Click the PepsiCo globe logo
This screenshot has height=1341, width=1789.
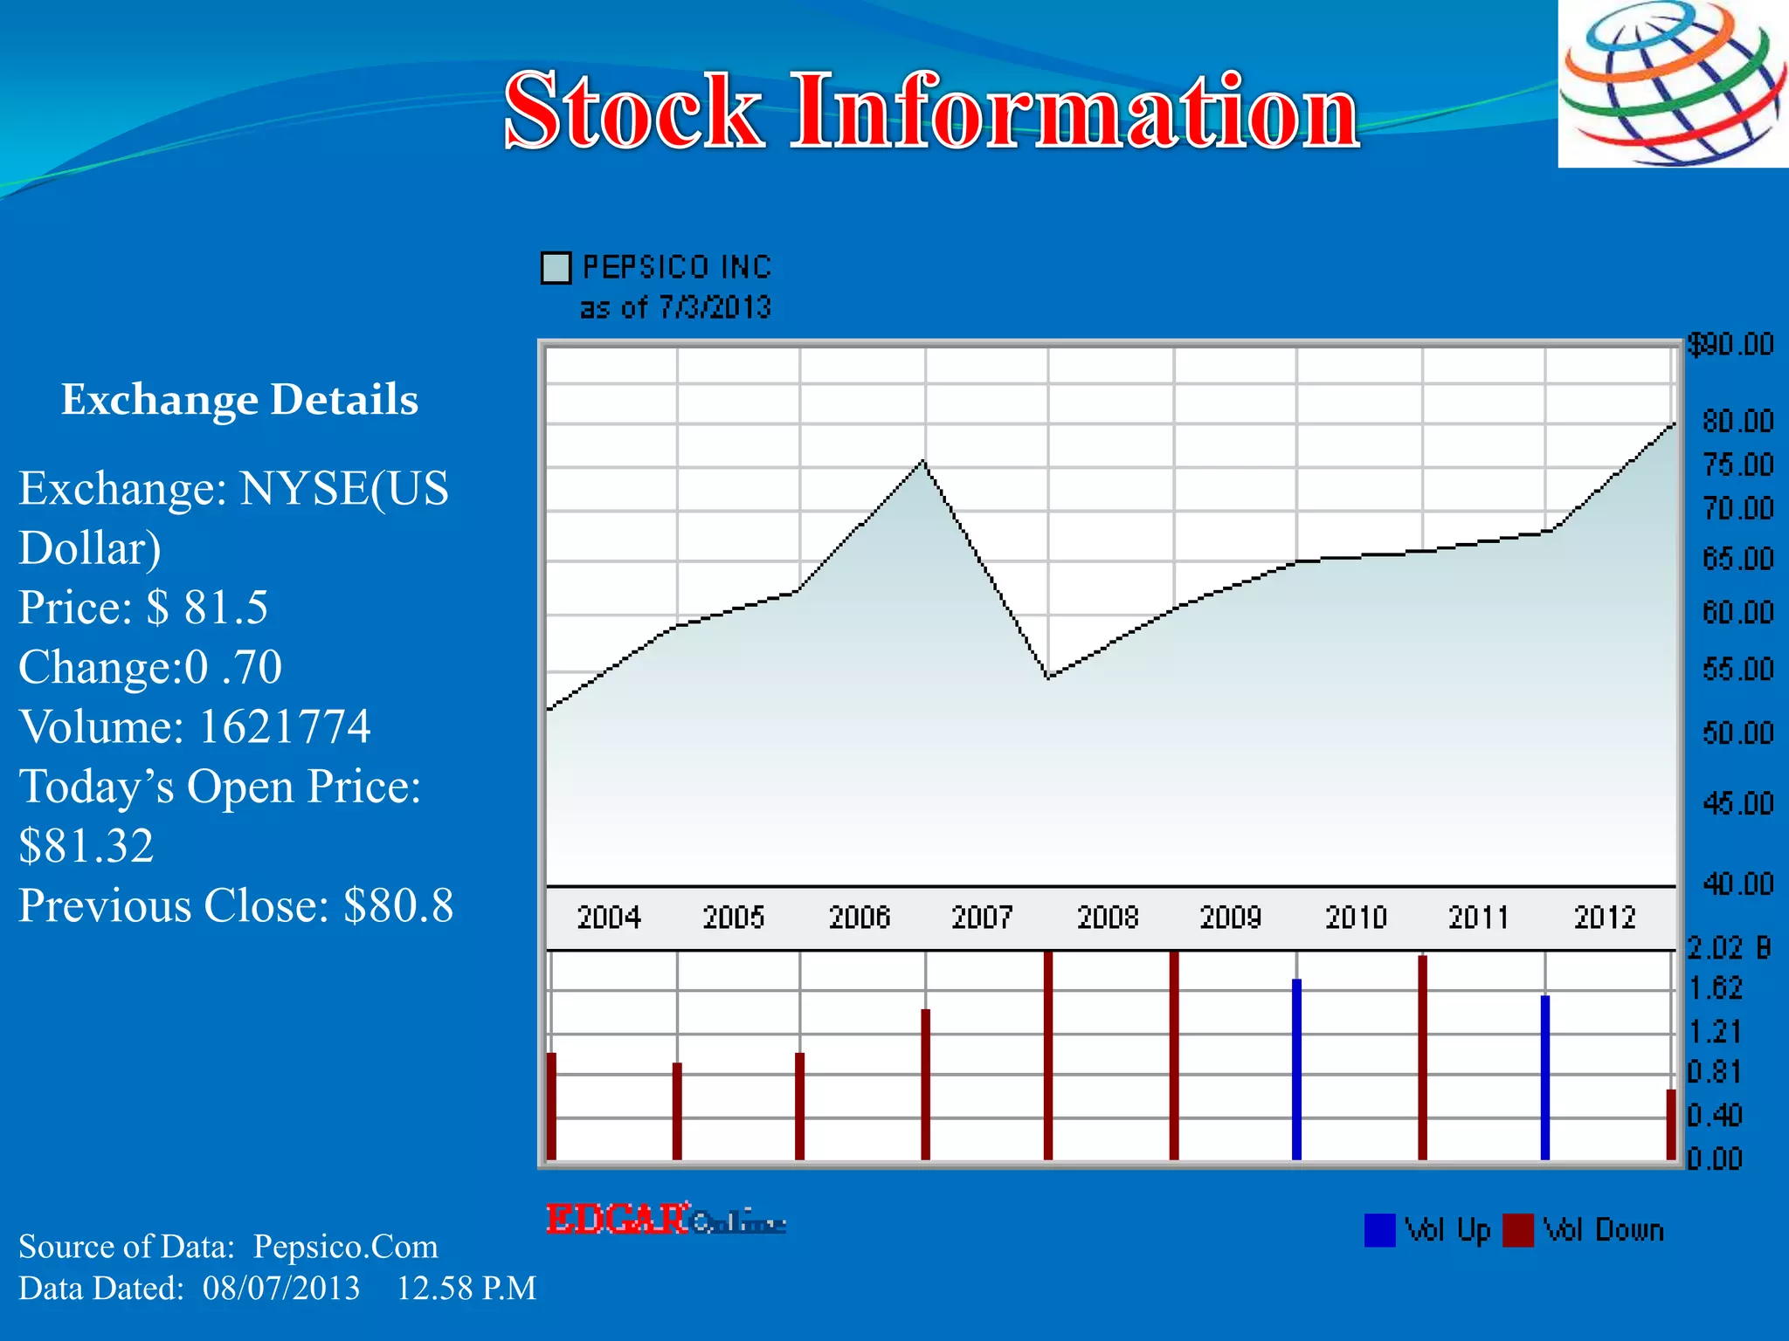(1673, 84)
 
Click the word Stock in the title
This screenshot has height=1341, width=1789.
(633, 111)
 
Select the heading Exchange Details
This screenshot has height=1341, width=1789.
(239, 400)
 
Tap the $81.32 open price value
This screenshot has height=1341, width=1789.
(86, 846)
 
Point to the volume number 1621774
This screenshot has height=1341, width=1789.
(284, 726)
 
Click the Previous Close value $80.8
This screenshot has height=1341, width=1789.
(398, 905)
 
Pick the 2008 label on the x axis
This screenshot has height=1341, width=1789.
(1108, 918)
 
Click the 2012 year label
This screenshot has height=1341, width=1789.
(1604, 918)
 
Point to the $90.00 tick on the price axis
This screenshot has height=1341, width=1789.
(1730, 345)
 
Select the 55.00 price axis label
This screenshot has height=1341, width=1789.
(1737, 670)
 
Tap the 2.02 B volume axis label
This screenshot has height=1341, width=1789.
(1728, 948)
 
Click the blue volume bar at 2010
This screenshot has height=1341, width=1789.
(1296, 1069)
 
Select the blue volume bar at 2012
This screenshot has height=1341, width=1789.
(1544, 1078)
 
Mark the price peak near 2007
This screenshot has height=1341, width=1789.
(923, 461)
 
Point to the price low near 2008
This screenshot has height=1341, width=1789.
(1048, 677)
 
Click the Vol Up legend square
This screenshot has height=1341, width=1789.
(1379, 1230)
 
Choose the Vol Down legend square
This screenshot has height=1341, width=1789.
(1518, 1230)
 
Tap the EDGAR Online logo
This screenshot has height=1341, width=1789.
(665, 1220)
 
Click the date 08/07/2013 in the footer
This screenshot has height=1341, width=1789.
(281, 1289)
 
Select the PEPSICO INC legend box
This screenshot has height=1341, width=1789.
(556, 268)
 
